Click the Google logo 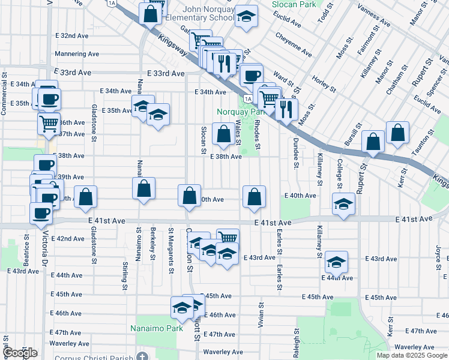[20, 352]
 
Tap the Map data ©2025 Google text [412, 355]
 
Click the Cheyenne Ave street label [294, 44]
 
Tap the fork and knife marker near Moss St [286, 109]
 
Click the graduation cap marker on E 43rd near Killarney [336, 261]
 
